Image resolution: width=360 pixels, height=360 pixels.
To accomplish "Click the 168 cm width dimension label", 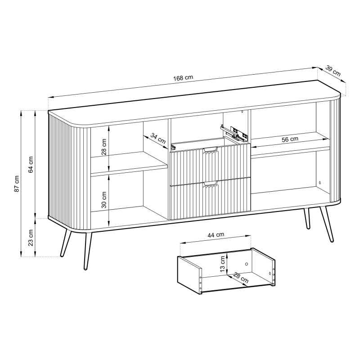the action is tap(183, 78).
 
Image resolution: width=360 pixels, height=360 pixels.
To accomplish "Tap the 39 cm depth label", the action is tap(333, 71).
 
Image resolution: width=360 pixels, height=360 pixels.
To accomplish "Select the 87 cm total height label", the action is tap(17, 184).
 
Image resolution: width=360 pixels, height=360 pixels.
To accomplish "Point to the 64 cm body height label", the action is tap(31, 164).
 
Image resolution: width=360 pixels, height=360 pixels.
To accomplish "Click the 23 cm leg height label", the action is tap(31, 238).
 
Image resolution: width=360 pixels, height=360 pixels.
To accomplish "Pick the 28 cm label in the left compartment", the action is tap(104, 147).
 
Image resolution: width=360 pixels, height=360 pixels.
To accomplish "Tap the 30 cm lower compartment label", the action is tap(104, 200).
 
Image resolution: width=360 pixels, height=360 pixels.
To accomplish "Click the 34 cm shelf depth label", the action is tap(158, 139).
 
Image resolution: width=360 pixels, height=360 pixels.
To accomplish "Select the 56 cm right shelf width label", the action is tap(290, 139).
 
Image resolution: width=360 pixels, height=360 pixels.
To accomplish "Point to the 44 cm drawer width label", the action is tap(216, 235).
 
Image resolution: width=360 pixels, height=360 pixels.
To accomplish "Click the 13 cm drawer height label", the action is tap(222, 264).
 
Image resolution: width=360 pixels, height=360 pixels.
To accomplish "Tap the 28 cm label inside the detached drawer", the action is tap(241, 278).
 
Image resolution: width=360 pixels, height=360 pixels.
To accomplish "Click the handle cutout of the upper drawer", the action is tap(210, 150).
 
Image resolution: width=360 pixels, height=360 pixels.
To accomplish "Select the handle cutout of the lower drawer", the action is tap(210, 184).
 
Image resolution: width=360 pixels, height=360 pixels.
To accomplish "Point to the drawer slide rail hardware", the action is tap(234, 134).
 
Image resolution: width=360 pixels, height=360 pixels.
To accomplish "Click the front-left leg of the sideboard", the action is tap(88, 251).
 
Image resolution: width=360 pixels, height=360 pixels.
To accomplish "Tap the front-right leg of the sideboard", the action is tap(326, 224).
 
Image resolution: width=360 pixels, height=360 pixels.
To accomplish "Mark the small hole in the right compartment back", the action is tap(320, 183).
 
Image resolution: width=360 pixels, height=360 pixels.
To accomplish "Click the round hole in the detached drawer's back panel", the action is tap(247, 264).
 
